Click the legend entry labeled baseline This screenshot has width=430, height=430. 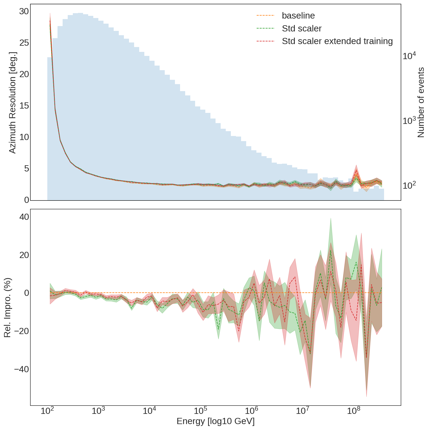pyautogui.click(x=298, y=16)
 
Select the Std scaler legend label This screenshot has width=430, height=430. pyautogui.click(x=302, y=28)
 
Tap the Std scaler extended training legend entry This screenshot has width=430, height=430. pyautogui.click(x=337, y=41)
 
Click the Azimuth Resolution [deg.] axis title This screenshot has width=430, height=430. pyautogui.click(x=13, y=102)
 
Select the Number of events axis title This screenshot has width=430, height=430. pyautogui.click(x=421, y=102)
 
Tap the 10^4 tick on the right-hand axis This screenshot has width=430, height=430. pyautogui.click(x=409, y=56)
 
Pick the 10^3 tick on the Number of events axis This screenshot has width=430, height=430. pyautogui.click(x=409, y=121)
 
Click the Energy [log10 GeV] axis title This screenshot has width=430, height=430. pyautogui.click(x=216, y=421)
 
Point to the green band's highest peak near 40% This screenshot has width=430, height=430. pyautogui.click(x=331, y=218)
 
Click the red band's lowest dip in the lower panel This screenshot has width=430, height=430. pyautogui.click(x=366, y=396)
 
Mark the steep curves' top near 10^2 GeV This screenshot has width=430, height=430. pyautogui.click(x=50, y=13)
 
